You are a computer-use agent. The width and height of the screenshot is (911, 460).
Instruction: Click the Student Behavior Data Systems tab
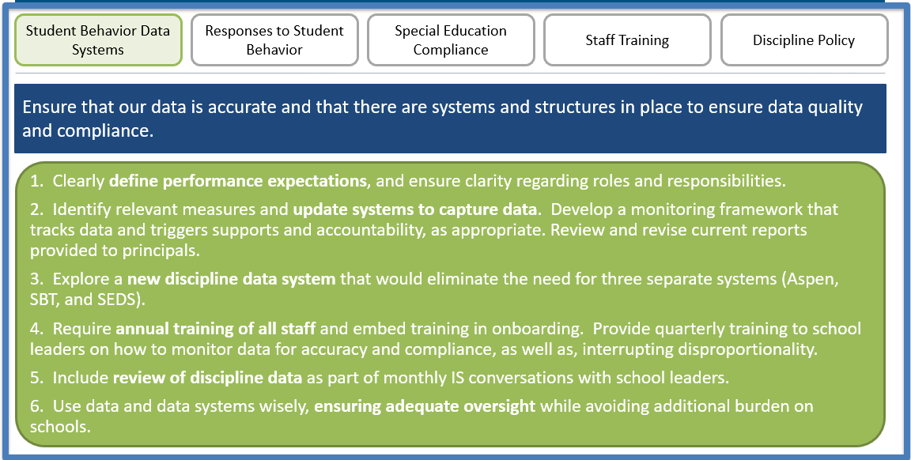click(x=98, y=40)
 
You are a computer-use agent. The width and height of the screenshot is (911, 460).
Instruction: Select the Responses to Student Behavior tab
click(x=274, y=40)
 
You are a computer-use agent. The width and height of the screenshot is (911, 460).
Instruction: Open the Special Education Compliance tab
click(x=451, y=40)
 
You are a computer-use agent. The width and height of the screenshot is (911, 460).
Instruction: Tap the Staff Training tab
click(x=627, y=40)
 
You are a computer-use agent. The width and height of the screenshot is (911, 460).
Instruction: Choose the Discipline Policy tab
click(x=803, y=40)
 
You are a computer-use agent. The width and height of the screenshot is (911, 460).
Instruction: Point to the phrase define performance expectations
click(x=237, y=181)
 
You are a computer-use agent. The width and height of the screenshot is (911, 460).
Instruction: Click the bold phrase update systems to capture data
click(x=415, y=209)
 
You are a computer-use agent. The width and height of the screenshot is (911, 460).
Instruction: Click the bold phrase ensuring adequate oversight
click(x=425, y=406)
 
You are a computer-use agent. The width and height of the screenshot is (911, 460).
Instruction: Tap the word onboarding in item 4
click(x=539, y=328)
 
